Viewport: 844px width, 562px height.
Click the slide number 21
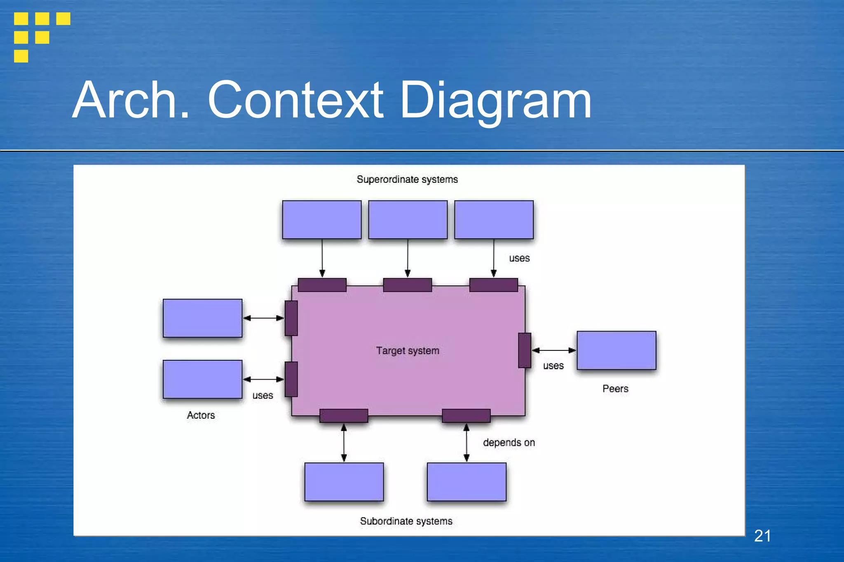coord(762,536)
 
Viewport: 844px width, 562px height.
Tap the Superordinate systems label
coord(407,180)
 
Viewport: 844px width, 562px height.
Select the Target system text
coord(408,351)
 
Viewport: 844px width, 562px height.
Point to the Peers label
coord(615,389)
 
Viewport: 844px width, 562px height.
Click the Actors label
coord(201,415)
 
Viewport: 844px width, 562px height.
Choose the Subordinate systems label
coord(406,521)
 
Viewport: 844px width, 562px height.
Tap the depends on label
coord(509,443)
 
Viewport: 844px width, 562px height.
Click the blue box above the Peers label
coord(616,350)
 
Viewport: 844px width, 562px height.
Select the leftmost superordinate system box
coord(322,220)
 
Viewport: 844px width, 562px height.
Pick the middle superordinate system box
coord(408,220)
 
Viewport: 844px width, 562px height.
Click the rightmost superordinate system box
coord(494,220)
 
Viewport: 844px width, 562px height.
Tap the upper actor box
coord(202,318)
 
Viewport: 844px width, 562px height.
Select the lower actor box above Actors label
coord(202,379)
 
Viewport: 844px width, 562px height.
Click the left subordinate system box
coord(344,482)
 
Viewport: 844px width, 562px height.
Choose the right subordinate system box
coord(467,482)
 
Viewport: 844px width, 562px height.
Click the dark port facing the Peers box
coord(525,350)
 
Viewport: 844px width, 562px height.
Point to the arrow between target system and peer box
coord(554,350)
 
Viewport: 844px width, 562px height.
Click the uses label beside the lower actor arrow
coord(263,396)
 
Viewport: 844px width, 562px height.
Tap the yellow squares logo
coord(41,37)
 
